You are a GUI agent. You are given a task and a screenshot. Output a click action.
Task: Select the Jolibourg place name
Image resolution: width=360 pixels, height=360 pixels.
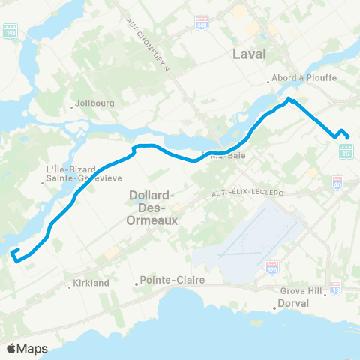pyautogui.click(x=94, y=104)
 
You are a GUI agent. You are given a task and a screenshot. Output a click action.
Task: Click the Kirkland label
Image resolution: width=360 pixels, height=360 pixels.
pyautogui.click(x=92, y=283)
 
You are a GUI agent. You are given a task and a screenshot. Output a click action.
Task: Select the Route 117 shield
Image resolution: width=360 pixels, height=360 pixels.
pyautogui.click(x=346, y=151)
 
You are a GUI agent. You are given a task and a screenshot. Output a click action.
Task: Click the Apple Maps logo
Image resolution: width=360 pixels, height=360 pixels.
pyautogui.click(x=27, y=348)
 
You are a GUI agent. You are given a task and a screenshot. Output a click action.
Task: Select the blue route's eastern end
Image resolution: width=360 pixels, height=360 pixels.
pyautogui.click(x=349, y=136)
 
